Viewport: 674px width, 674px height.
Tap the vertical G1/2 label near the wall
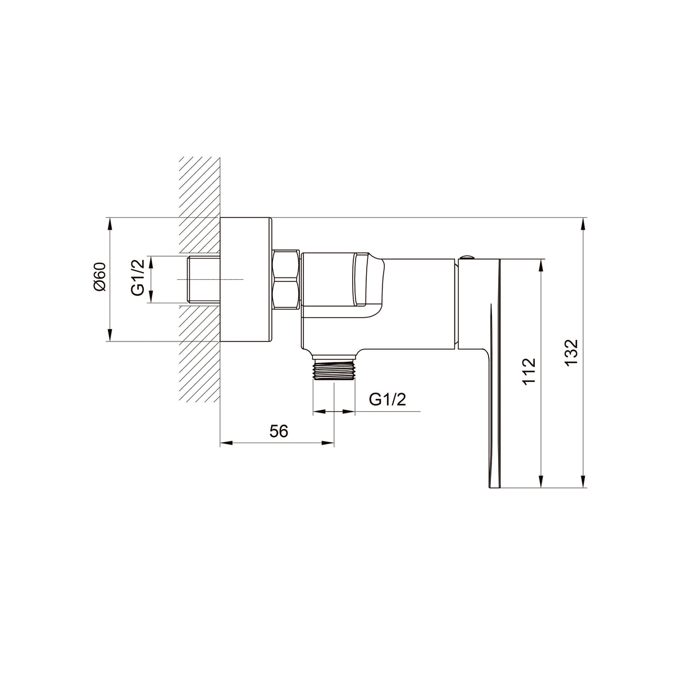coord(139,277)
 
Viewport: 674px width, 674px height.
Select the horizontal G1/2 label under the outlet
coord(388,399)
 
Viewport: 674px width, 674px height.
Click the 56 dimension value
coord(279,431)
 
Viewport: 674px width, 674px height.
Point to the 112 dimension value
coord(529,371)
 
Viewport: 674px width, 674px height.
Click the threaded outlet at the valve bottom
coord(334,369)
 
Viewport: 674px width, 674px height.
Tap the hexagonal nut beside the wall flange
coord(285,279)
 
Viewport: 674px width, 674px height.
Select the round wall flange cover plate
coord(246,279)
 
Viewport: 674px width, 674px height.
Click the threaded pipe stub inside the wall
coord(204,279)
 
